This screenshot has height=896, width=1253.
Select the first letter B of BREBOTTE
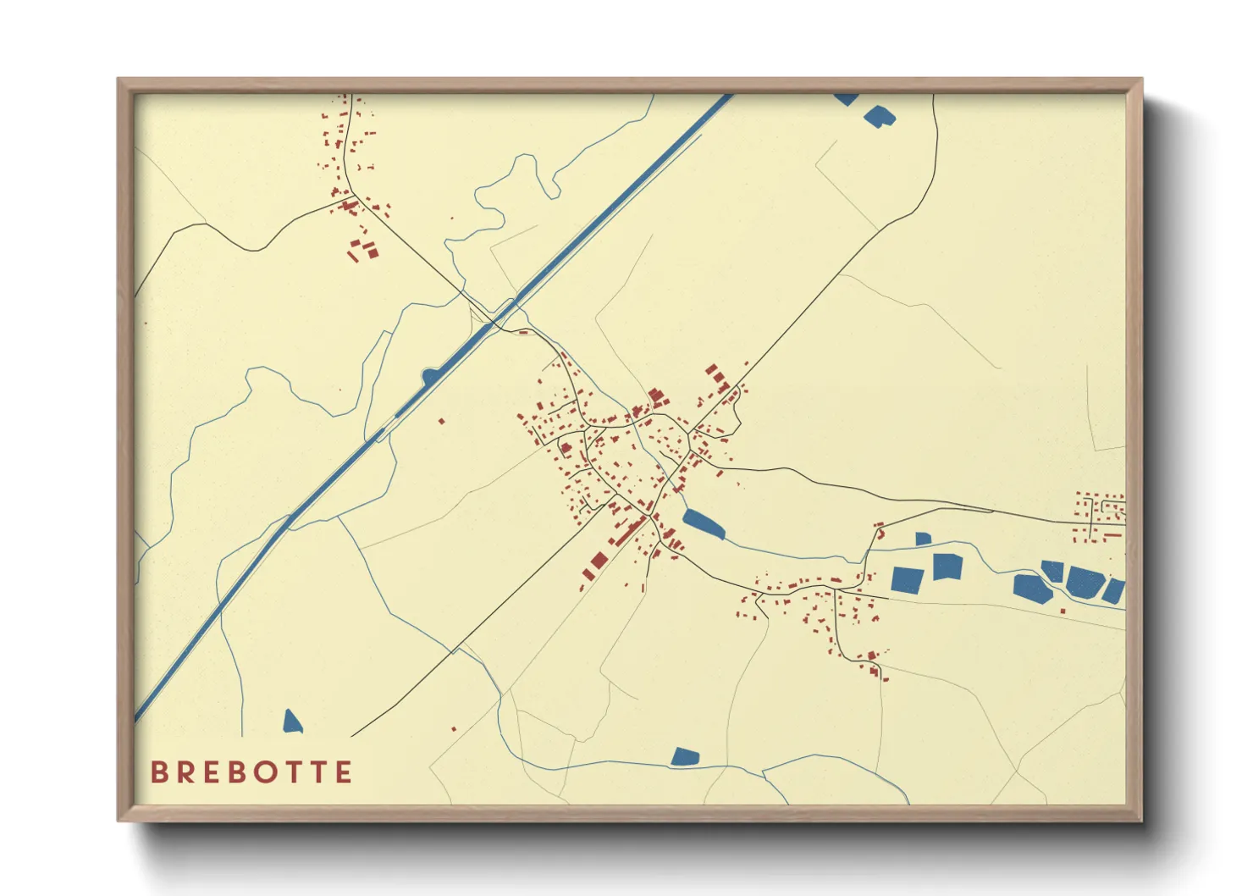click(158, 772)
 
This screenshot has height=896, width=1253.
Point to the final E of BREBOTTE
click(343, 772)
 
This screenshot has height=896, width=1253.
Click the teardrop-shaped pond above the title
click(292, 722)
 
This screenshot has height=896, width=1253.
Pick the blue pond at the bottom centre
click(685, 756)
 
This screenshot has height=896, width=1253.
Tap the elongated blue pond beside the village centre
click(704, 524)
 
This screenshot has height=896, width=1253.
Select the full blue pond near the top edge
click(879, 116)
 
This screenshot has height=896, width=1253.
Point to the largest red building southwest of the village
click(599, 561)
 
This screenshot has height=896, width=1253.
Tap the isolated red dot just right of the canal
click(441, 421)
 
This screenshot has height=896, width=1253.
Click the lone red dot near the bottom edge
click(454, 729)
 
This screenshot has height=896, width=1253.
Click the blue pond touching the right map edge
click(1113, 591)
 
